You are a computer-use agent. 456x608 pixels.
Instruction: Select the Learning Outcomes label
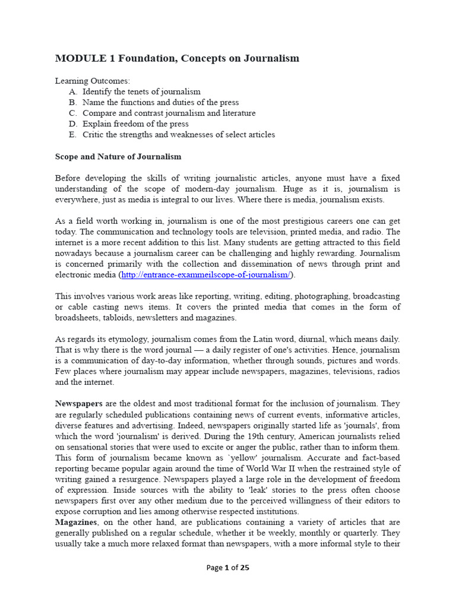coord(92,81)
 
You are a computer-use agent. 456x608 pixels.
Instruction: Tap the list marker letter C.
coord(72,113)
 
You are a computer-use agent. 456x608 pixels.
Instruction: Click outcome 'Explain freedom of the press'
coord(135,123)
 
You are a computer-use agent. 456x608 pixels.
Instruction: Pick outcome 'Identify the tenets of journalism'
coord(141,91)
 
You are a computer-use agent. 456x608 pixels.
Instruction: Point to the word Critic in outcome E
coord(94,134)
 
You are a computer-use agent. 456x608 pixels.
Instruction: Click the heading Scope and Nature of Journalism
coord(118,157)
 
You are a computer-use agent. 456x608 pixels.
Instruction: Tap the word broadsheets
coord(78,317)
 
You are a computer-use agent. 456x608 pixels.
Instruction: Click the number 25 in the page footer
coord(245,567)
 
